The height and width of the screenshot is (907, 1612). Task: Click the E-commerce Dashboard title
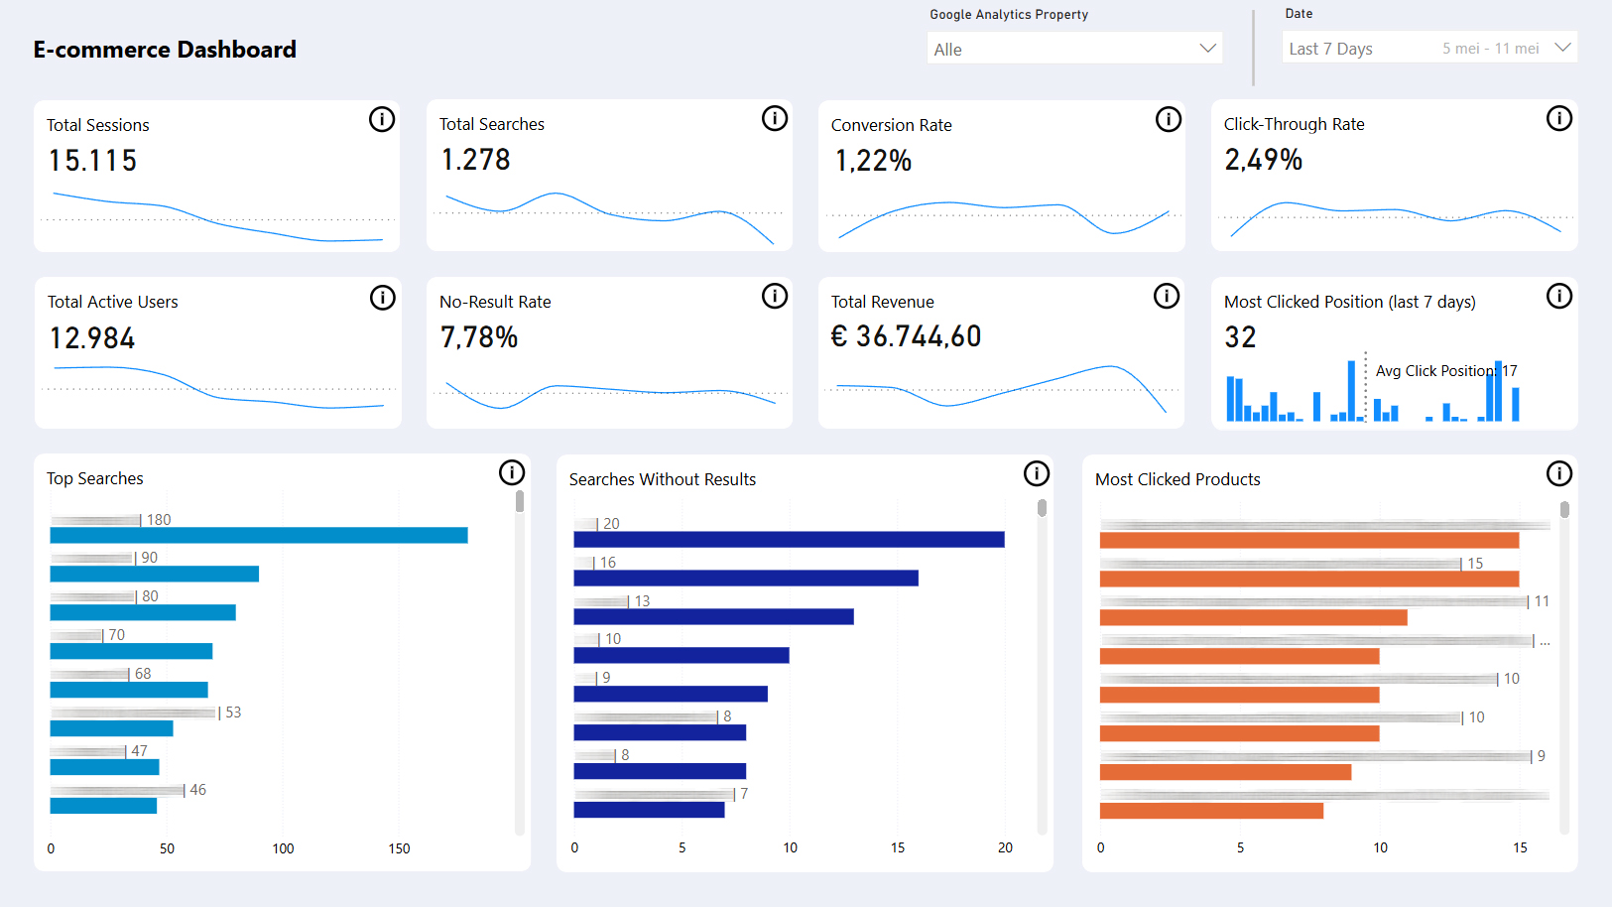pyautogui.click(x=165, y=50)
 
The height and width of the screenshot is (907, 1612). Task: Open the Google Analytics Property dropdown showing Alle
pyautogui.click(x=1073, y=49)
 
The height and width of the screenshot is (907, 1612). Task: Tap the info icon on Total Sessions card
pyautogui.click(x=382, y=120)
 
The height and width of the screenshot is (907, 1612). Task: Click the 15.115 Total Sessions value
pyautogui.click(x=93, y=161)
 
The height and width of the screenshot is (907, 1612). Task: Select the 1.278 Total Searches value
pyautogui.click(x=476, y=160)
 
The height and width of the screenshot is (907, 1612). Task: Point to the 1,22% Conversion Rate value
pyautogui.click(x=873, y=161)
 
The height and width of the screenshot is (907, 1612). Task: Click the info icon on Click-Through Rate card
pyautogui.click(x=1559, y=119)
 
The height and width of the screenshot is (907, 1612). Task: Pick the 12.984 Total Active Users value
pyautogui.click(x=92, y=338)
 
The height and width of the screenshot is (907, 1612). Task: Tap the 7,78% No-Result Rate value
pyautogui.click(x=479, y=337)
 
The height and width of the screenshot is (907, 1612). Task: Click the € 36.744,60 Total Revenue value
pyautogui.click(x=906, y=336)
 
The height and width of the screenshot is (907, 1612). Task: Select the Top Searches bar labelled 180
pyautogui.click(x=258, y=536)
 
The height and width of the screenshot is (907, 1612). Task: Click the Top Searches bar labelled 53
pyautogui.click(x=111, y=728)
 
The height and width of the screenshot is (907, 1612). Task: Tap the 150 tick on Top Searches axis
pyautogui.click(x=399, y=848)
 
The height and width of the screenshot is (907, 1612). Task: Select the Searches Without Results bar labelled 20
pyautogui.click(x=789, y=540)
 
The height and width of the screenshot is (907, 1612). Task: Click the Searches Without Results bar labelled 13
pyautogui.click(x=713, y=617)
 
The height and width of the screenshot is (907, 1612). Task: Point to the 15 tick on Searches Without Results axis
pyautogui.click(x=898, y=847)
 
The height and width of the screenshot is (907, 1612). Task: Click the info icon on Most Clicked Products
pyautogui.click(x=1559, y=474)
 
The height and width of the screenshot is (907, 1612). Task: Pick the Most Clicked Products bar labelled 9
pyautogui.click(x=1225, y=772)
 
